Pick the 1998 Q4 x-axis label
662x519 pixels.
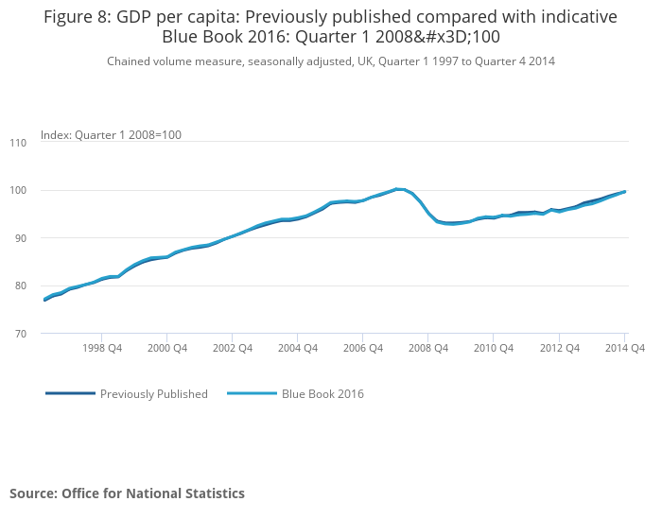102,348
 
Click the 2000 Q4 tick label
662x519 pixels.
167,348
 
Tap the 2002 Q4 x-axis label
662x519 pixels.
233,348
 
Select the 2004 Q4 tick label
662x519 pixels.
298,348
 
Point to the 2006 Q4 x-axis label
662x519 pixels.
363,348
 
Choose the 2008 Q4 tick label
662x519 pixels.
428,348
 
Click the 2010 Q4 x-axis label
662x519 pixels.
494,348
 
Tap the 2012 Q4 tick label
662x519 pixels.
559,348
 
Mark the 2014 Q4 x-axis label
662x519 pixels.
624,348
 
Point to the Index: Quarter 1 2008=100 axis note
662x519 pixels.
111,135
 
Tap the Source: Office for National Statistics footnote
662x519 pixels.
127,493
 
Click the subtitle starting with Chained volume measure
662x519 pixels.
330,61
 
